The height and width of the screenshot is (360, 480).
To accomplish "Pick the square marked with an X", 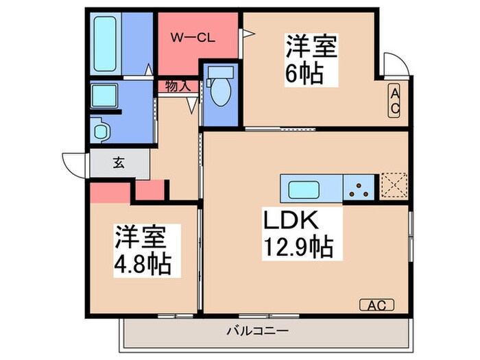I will coord(394,185).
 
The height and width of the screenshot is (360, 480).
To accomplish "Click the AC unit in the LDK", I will coord(373,305).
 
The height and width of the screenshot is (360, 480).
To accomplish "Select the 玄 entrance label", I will coord(119,163).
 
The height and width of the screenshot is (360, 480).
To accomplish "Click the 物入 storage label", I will coord(178,86).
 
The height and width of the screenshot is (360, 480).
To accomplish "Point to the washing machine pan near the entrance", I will coord(101,129).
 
